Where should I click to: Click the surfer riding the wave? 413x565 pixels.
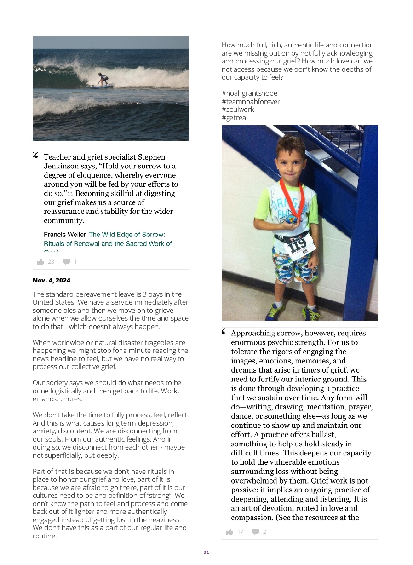[x=102, y=79]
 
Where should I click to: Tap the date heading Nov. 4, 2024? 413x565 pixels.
[x=52, y=280]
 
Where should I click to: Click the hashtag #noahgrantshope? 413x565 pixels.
[x=249, y=93]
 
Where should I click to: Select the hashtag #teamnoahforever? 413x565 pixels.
[x=251, y=102]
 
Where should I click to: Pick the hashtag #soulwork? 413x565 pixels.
[x=238, y=110]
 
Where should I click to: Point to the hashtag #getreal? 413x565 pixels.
[x=235, y=118]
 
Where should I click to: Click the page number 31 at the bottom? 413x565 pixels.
[x=206, y=553]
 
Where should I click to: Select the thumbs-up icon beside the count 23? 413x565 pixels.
[x=40, y=262]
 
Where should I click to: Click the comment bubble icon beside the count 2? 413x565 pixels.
[x=256, y=532]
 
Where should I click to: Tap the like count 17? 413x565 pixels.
[x=240, y=532]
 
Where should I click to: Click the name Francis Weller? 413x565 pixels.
[x=65, y=235]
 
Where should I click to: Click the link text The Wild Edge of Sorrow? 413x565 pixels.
[x=126, y=235]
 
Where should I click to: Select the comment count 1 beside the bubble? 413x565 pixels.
[x=75, y=262]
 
